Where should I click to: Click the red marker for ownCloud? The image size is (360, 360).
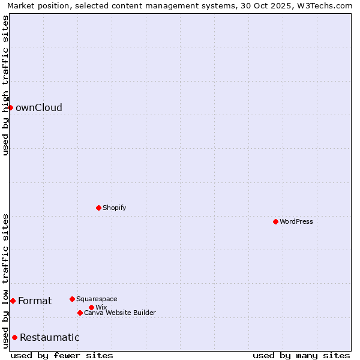click(10, 107)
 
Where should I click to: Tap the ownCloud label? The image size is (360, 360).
click(39, 108)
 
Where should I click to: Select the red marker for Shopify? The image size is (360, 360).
click(98, 208)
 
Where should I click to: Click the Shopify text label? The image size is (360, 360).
click(114, 208)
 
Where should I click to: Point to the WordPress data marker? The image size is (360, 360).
click(275, 221)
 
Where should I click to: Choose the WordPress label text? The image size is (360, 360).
click(296, 222)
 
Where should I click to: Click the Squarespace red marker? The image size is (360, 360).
click(72, 299)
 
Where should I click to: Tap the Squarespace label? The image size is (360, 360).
click(97, 299)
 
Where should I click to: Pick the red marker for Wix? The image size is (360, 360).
click(91, 307)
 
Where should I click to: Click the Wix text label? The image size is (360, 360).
click(101, 308)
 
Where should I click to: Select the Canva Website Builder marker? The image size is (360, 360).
click(80, 313)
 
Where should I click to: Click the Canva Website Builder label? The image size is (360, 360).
click(120, 313)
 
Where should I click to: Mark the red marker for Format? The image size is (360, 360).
click(13, 301)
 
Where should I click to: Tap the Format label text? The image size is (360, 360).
click(35, 301)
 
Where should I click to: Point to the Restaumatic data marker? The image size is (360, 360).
click(14, 337)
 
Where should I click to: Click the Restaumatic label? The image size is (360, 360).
click(50, 338)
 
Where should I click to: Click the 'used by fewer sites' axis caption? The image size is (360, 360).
click(62, 356)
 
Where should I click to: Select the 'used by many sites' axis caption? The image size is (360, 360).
click(301, 356)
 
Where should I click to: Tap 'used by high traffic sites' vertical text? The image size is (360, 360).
click(5, 86)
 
